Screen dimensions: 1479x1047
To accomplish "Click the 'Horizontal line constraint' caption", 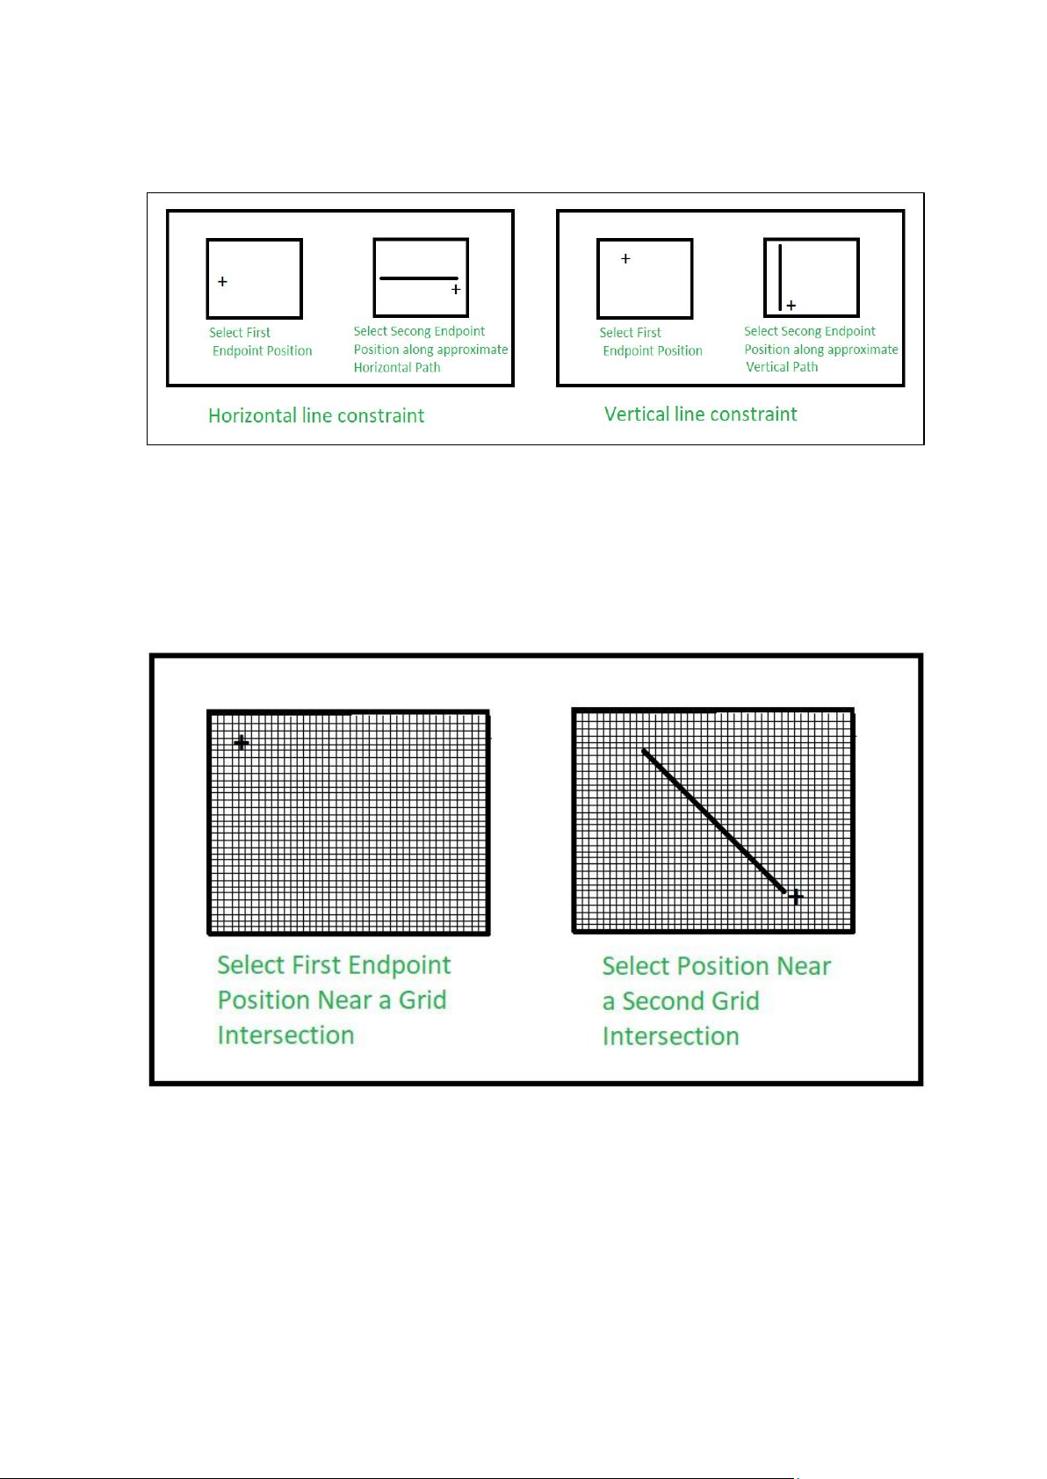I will point(316,415).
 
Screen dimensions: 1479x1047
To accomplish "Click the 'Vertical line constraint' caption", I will point(700,414).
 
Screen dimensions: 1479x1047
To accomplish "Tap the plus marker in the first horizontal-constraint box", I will point(222,282).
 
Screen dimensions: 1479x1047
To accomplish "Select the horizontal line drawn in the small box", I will point(418,278).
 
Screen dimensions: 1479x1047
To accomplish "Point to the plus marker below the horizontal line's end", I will point(456,289).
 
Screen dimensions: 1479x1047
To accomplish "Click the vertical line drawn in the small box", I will point(780,277).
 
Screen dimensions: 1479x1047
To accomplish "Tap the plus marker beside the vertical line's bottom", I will point(791,306).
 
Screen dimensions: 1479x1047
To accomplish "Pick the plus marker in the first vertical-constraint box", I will point(625,259).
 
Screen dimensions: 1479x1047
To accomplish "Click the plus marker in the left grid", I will point(242,743).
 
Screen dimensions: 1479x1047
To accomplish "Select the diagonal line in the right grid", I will point(714,821).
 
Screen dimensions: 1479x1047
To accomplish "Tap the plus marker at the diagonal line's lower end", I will point(795,897).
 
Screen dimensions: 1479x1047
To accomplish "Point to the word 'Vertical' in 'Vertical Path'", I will point(768,367).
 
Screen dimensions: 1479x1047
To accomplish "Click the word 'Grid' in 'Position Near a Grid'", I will point(422,1000).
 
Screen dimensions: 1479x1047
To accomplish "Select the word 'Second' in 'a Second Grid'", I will point(690,1001).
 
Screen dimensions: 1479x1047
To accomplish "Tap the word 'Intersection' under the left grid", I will point(285,1035).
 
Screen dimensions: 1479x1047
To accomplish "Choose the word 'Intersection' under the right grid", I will point(670,1036).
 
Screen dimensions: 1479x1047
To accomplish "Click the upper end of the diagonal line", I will point(645,752).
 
